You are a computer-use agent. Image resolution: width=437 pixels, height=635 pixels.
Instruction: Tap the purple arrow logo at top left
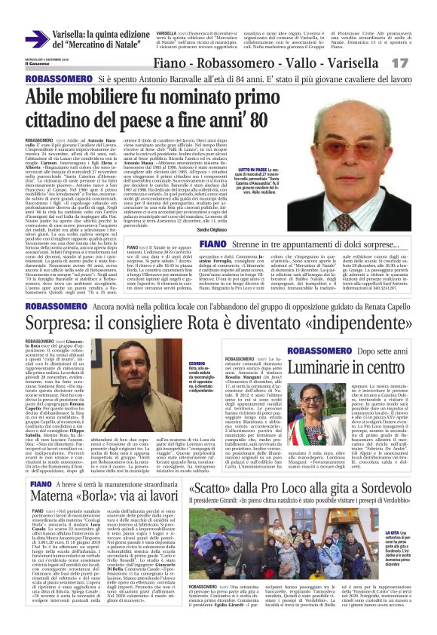click(36, 39)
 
